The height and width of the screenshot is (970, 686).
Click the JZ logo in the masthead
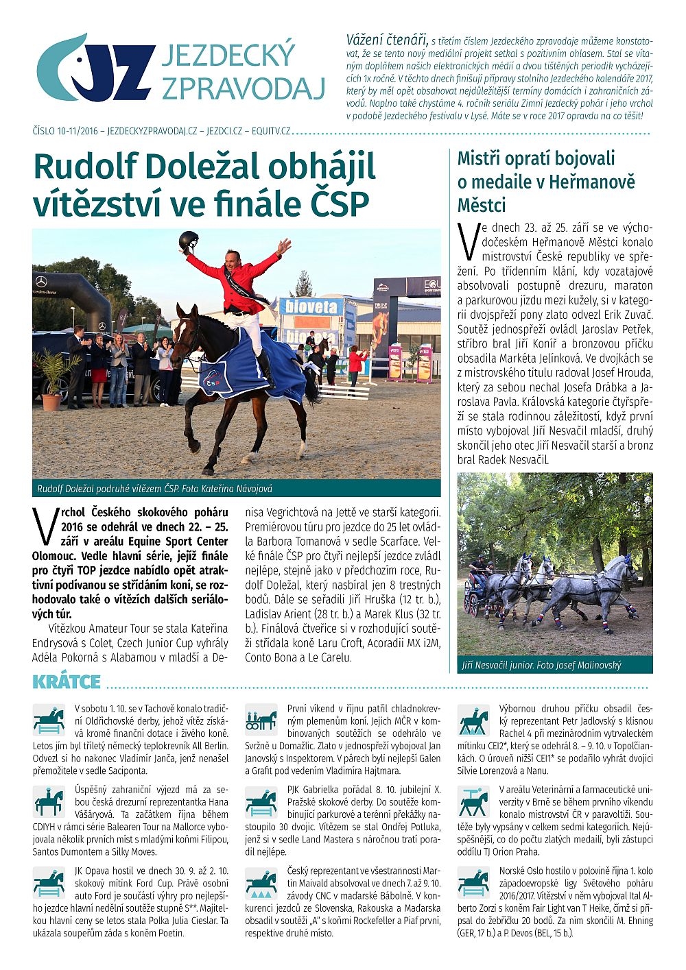tap(96, 69)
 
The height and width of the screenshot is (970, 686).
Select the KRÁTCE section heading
tap(67, 681)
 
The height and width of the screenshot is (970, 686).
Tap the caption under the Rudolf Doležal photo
tap(155, 489)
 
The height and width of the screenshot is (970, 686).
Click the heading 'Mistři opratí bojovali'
tap(536, 159)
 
